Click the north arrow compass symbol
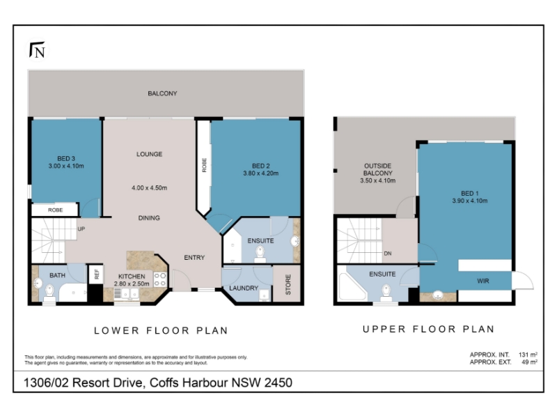click(37, 50)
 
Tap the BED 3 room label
click(66, 159)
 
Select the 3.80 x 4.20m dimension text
click(260, 173)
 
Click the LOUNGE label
click(149, 154)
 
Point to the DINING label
click(149, 218)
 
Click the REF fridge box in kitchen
click(96, 274)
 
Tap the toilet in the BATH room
click(49, 291)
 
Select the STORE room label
click(288, 284)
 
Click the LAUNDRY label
click(244, 288)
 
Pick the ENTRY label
click(194, 257)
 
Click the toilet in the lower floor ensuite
click(260, 254)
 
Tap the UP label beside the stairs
click(81, 229)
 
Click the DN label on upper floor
click(388, 254)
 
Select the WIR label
click(483, 281)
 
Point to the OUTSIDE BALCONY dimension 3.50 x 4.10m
click(377, 180)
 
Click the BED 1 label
click(469, 194)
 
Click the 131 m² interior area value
click(528, 355)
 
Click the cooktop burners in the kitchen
click(160, 279)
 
